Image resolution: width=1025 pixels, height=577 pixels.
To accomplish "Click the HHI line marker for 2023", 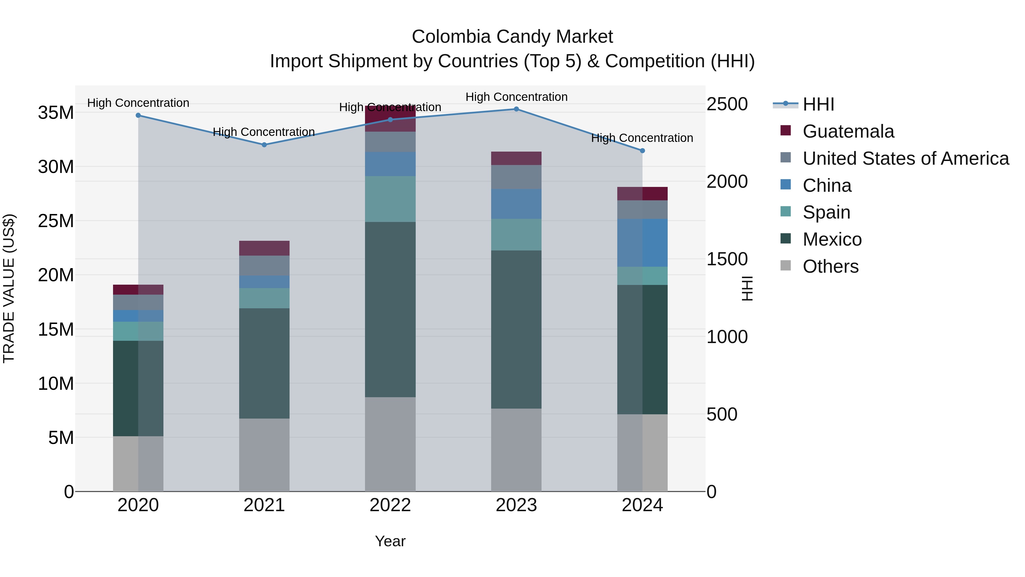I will [x=516, y=109].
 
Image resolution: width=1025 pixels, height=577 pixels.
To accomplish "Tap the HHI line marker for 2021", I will [x=264, y=145].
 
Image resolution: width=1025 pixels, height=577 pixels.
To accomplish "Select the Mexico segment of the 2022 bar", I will [x=390, y=309].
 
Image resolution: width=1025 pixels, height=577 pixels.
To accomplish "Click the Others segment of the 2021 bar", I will [x=264, y=455].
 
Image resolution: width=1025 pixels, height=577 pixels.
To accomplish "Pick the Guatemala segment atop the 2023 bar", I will [x=516, y=158].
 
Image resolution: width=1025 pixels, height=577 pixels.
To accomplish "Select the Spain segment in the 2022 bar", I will [x=390, y=199].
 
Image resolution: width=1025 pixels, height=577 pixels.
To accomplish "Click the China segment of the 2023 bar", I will [x=516, y=204].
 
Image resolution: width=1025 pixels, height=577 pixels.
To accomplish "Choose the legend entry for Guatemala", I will [x=848, y=131].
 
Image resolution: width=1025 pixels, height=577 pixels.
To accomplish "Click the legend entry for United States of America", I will [x=905, y=158].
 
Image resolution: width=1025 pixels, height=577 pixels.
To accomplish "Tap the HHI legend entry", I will [x=818, y=104].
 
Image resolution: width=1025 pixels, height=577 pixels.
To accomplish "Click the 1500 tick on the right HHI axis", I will [x=727, y=259].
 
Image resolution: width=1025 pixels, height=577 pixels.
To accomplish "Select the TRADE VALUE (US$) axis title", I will [x=9, y=288].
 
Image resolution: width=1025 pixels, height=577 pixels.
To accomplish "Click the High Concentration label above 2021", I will [x=264, y=132].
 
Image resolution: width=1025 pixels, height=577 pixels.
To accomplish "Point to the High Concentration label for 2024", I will [x=642, y=138].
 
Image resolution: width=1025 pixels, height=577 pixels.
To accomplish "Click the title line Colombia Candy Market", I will [x=512, y=37].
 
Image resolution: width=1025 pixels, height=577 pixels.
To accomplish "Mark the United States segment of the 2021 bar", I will [x=264, y=266].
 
